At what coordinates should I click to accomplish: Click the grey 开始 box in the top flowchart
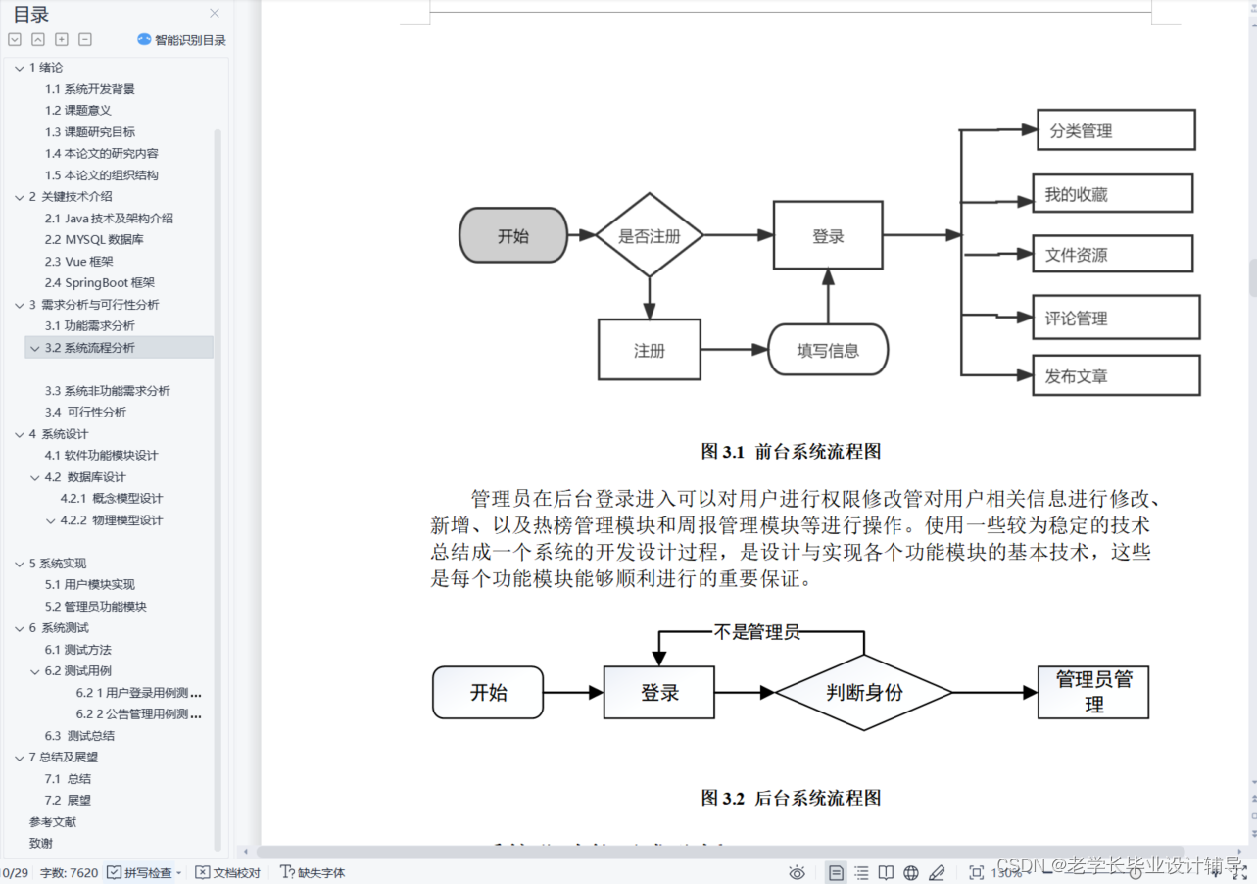tap(513, 235)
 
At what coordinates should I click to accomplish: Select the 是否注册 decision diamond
tap(650, 235)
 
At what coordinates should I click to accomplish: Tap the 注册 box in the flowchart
tap(649, 350)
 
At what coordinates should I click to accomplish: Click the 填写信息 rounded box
tap(828, 351)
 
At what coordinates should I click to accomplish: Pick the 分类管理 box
tap(1115, 130)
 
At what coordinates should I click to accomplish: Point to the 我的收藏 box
tap(1112, 194)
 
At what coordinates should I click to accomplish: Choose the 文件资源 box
tap(1112, 255)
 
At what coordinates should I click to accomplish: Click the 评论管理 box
tap(1115, 318)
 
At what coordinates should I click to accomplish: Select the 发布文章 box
tap(1115, 376)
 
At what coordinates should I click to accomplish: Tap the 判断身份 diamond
tap(863, 693)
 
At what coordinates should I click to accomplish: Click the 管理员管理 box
tap(1092, 692)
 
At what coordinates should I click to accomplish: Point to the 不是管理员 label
tap(756, 633)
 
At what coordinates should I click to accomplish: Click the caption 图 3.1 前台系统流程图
tap(791, 451)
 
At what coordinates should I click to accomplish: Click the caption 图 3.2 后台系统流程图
tap(791, 798)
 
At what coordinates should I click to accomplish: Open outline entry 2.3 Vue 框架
tap(79, 262)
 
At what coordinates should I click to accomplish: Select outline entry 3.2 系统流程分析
tap(90, 348)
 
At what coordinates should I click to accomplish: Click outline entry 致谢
tap(41, 843)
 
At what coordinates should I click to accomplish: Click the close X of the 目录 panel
tap(215, 14)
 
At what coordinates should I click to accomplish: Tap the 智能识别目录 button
tap(182, 40)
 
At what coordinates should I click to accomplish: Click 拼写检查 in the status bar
tap(145, 872)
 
